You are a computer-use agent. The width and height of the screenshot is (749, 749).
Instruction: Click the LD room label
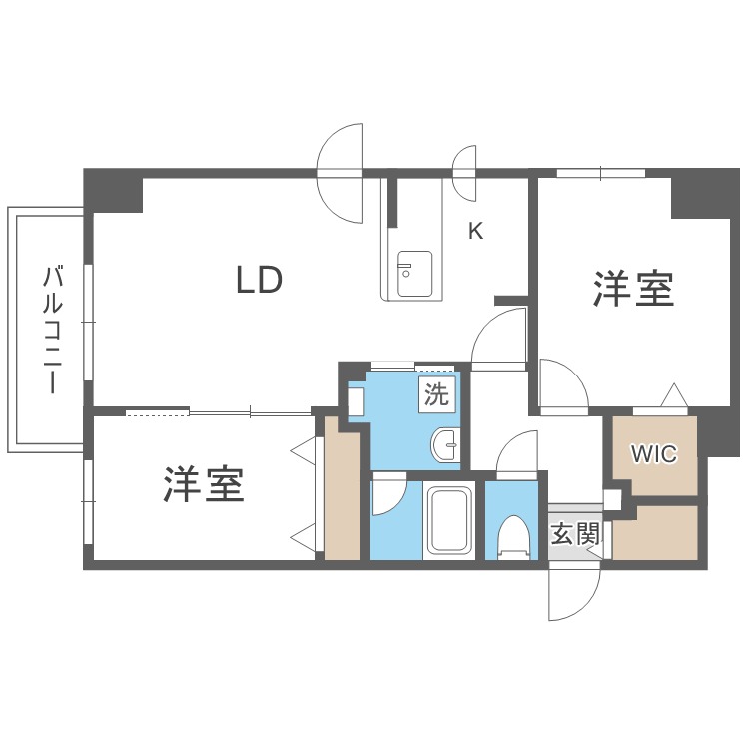(260, 280)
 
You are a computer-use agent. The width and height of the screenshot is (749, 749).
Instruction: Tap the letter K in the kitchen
(475, 232)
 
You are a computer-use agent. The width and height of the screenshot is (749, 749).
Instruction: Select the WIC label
(654, 453)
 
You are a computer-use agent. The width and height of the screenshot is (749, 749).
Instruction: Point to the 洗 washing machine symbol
(436, 395)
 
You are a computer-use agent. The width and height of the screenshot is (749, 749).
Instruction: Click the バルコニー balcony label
(52, 331)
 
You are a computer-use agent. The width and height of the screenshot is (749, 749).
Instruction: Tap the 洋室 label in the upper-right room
(633, 289)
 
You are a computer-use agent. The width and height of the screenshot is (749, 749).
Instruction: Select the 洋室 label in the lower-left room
(204, 484)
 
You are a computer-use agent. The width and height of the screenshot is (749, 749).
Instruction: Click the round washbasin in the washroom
(445, 444)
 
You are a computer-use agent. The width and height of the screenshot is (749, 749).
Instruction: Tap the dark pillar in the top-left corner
(113, 190)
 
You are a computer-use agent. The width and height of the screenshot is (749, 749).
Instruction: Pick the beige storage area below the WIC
(655, 533)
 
